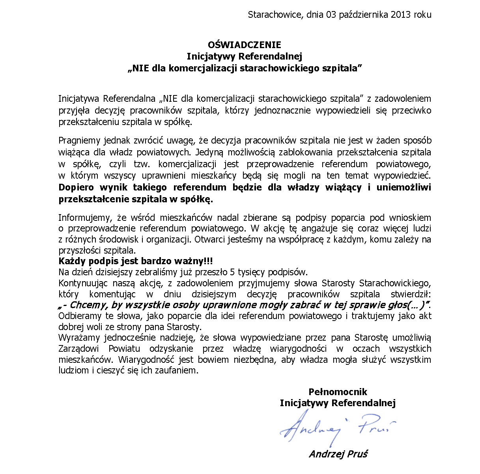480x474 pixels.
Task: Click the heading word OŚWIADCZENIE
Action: click(245, 45)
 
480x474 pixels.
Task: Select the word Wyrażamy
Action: click(79, 338)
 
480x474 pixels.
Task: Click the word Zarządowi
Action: click(80, 349)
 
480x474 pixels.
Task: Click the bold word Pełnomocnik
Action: click(338, 392)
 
